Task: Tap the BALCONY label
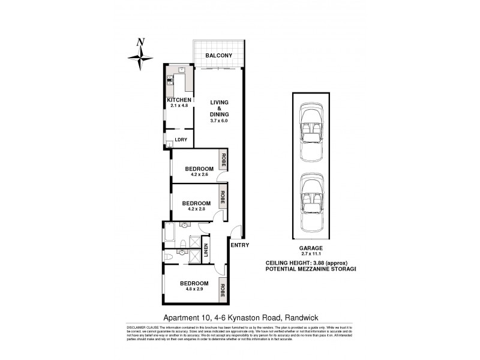[x=219, y=55]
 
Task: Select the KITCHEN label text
[x=179, y=100]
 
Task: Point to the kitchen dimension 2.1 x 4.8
[x=179, y=106]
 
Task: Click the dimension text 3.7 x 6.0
[x=220, y=121]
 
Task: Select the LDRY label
[x=181, y=140]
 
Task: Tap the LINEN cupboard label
[x=205, y=252]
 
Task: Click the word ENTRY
[x=239, y=245]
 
